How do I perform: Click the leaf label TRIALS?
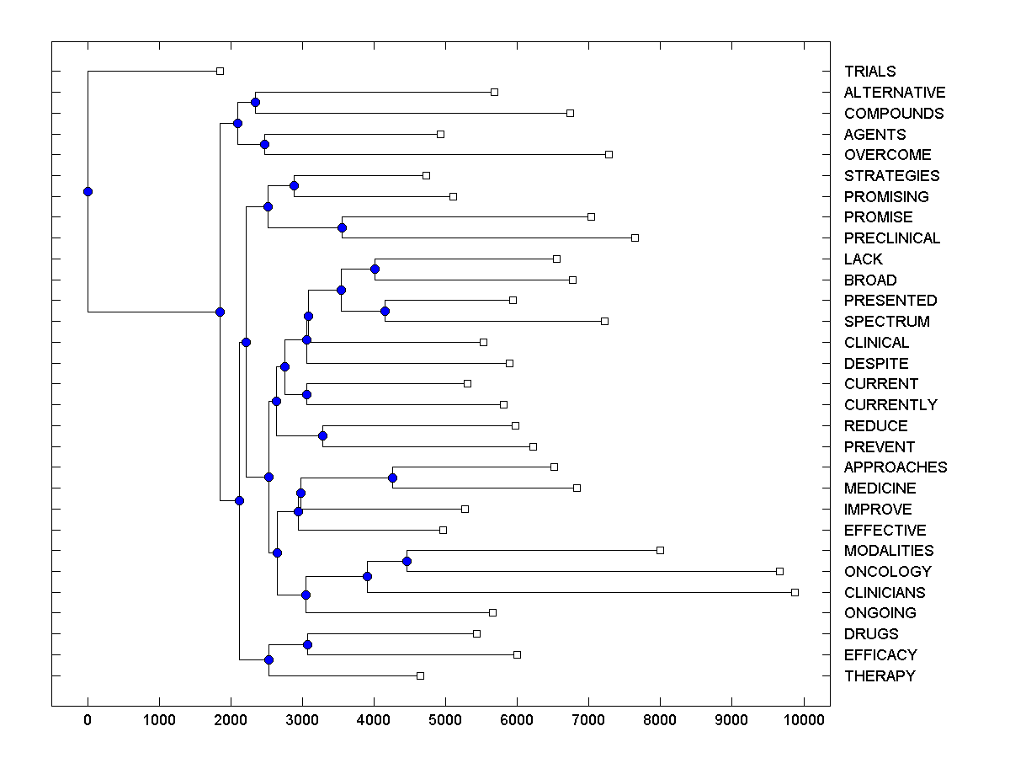pos(869,72)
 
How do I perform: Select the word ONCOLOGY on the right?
pos(887,572)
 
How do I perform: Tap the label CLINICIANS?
pos(885,593)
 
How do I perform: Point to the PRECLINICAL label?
pos(891,238)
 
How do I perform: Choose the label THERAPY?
pos(880,676)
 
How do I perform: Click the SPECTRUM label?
pos(886,322)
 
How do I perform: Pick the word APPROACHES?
pos(895,467)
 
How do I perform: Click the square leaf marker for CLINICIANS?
pos(795,592)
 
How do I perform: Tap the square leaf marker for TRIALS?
pos(220,71)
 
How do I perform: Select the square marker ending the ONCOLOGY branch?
pos(779,571)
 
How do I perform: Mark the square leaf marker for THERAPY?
pos(420,675)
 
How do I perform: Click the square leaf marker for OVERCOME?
pos(609,154)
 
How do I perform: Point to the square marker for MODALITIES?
pos(660,550)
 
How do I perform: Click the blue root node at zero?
pos(88,191)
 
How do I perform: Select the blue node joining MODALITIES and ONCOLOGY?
pos(407,561)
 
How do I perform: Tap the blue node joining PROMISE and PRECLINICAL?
pos(342,227)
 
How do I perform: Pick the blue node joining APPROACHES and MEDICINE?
pos(392,478)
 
